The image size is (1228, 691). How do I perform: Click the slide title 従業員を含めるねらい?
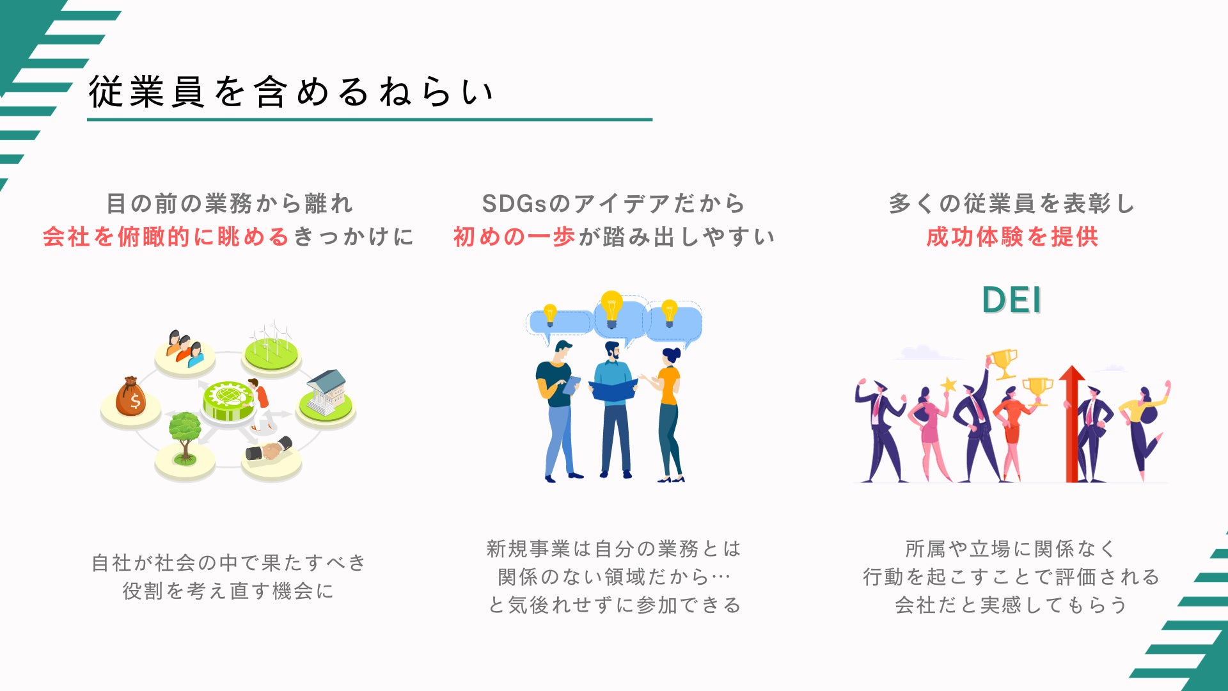[x=291, y=91]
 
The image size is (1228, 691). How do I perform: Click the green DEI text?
[x=1011, y=299]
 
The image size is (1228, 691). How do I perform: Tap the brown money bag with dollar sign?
[x=130, y=398]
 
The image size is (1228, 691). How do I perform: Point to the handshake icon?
[x=269, y=449]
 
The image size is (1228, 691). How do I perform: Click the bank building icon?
[x=326, y=391]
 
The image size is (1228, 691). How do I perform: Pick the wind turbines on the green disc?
[x=272, y=340]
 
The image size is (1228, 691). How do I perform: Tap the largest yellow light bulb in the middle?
[x=611, y=308]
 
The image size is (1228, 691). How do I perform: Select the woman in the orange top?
[x=668, y=413]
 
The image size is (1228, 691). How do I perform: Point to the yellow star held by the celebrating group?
[x=949, y=385]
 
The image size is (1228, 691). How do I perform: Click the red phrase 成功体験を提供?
[x=1012, y=237]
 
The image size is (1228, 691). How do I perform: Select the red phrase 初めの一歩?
[x=514, y=237]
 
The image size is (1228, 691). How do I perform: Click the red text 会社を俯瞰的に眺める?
[x=166, y=237]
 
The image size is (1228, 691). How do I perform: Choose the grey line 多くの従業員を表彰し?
[x=1012, y=203]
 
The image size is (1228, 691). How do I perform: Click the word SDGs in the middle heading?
[x=515, y=203]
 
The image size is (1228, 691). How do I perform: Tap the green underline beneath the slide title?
[x=370, y=120]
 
